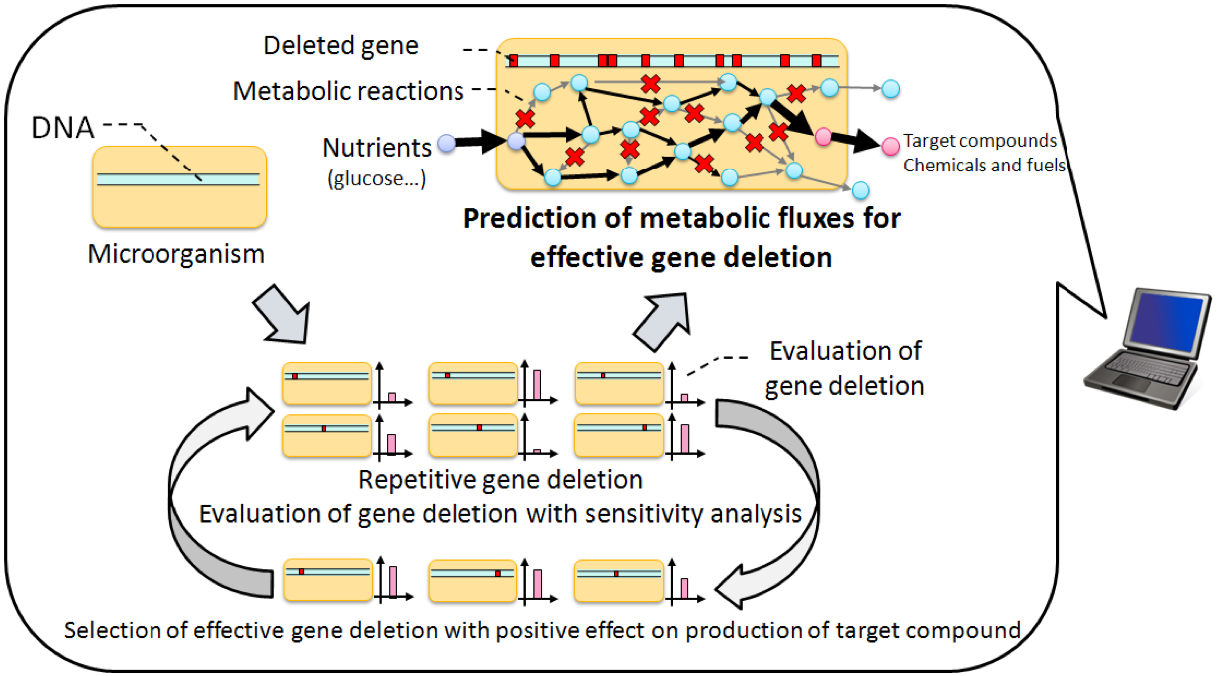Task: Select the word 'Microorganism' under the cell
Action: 176,254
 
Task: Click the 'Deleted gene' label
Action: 341,46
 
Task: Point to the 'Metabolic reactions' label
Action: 348,92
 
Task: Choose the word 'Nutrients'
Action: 376,148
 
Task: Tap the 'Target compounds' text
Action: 979,141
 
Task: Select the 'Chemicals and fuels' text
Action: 984,166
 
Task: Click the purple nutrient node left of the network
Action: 447,143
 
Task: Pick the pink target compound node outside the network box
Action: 890,147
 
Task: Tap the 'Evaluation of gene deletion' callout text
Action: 844,367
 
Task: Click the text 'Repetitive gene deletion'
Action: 500,480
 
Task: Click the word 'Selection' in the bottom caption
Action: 107,630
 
